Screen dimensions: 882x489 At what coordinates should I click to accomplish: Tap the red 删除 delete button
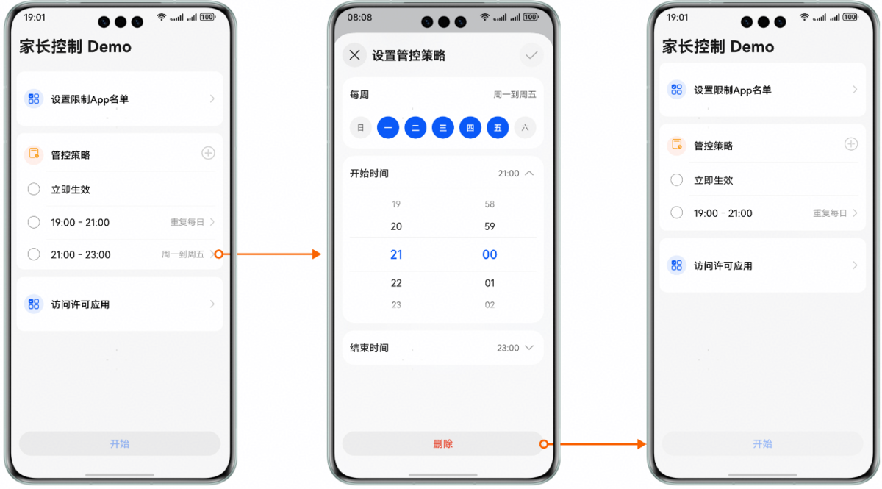coord(442,443)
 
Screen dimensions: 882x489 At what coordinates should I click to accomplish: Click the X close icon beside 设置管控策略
coord(354,55)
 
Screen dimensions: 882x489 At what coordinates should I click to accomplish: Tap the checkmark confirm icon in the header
coord(531,55)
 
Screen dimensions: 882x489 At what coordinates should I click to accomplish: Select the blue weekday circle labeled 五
coord(498,128)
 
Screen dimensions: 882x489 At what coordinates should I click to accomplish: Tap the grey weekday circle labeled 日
coord(360,128)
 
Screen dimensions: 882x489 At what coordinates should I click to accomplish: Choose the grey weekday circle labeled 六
coord(525,128)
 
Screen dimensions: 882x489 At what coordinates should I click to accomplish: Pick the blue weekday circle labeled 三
coord(442,128)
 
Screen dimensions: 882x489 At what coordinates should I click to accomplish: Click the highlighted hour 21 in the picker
coord(396,254)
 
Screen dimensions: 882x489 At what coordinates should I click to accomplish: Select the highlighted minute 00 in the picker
coord(490,254)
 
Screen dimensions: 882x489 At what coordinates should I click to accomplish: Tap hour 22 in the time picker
coord(396,283)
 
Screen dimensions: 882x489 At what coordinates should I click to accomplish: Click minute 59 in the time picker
coord(490,226)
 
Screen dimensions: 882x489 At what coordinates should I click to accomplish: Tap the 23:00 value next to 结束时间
coord(508,348)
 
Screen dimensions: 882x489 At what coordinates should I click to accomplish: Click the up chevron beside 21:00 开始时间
coord(530,174)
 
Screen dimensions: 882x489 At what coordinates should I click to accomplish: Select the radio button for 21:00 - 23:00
coord(34,254)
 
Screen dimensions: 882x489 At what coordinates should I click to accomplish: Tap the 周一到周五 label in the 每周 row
coord(514,95)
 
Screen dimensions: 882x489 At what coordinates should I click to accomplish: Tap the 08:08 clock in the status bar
coord(359,18)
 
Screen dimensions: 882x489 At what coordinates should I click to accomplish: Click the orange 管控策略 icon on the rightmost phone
coord(676,145)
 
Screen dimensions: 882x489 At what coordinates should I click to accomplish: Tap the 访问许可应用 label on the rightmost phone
coord(723,266)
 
